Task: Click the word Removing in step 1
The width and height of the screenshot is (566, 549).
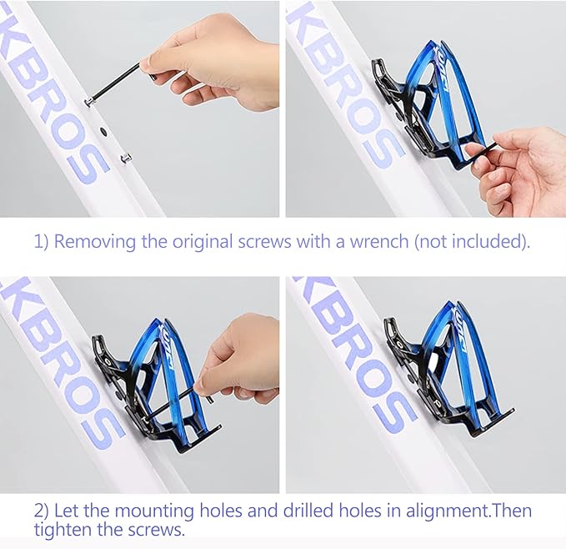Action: [94, 241]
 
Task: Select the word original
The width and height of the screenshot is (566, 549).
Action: [203, 241]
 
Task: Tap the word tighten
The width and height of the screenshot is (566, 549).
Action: [63, 530]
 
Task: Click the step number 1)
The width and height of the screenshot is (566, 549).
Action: [41, 242]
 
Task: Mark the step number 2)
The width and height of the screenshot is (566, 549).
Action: [42, 511]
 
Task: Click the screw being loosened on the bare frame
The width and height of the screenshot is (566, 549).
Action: [89, 102]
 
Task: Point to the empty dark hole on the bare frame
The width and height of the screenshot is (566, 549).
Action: [103, 131]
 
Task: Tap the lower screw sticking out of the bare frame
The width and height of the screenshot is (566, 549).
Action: [126, 158]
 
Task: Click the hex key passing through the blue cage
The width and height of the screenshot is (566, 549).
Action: [178, 404]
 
